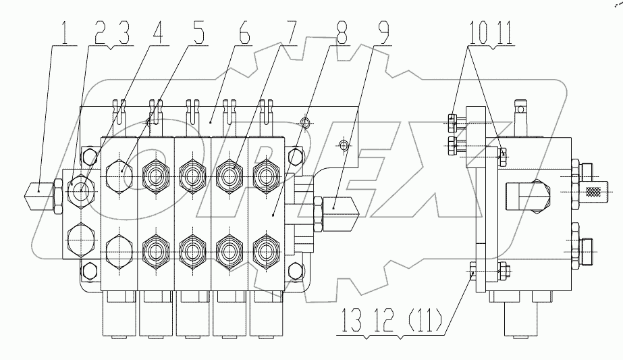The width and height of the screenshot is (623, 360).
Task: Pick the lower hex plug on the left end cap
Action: coord(81,238)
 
